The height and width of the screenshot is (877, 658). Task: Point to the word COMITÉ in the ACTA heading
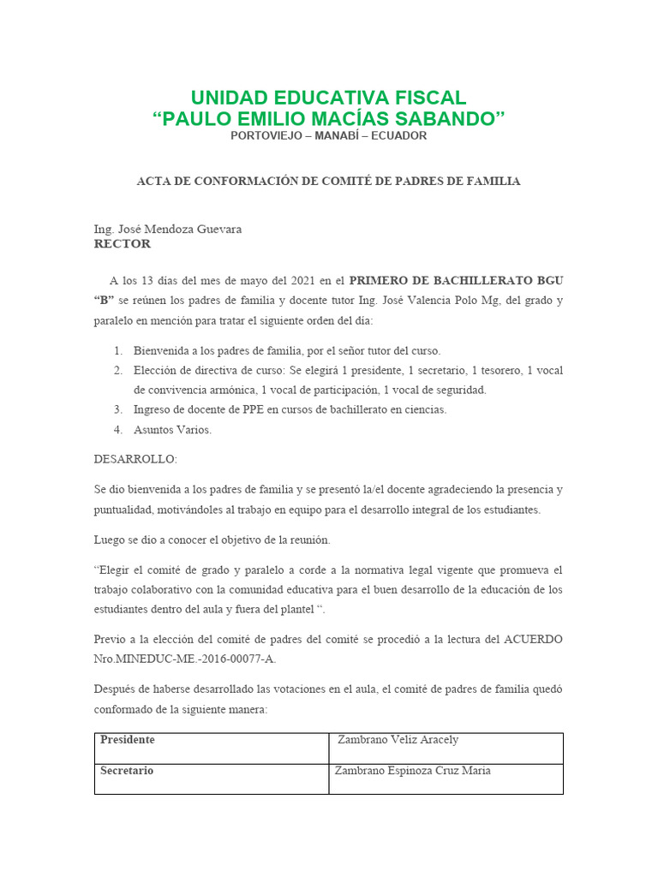350,182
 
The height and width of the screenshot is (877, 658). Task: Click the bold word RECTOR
122,244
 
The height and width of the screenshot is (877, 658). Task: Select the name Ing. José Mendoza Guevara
168,230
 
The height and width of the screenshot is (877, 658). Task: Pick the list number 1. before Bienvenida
118,350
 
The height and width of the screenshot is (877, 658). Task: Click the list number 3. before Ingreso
118,409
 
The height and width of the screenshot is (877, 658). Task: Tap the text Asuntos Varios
172,429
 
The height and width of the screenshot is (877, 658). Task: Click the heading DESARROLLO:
135,459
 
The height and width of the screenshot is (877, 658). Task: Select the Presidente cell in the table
211,748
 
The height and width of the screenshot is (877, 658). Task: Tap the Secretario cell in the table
211,779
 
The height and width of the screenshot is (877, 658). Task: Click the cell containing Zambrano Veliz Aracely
446,748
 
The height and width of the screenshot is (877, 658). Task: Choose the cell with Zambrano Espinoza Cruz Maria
446,779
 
